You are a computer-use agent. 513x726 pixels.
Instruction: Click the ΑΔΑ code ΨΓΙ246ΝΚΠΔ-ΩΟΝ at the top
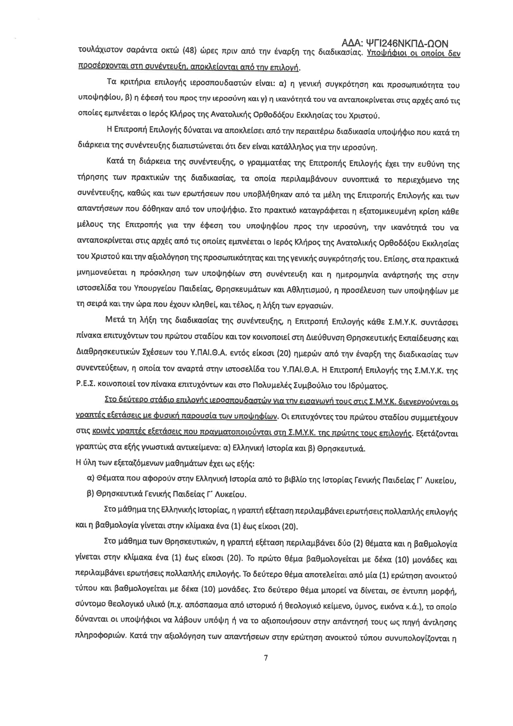point(396,43)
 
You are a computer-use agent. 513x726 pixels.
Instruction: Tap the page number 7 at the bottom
point(265,658)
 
